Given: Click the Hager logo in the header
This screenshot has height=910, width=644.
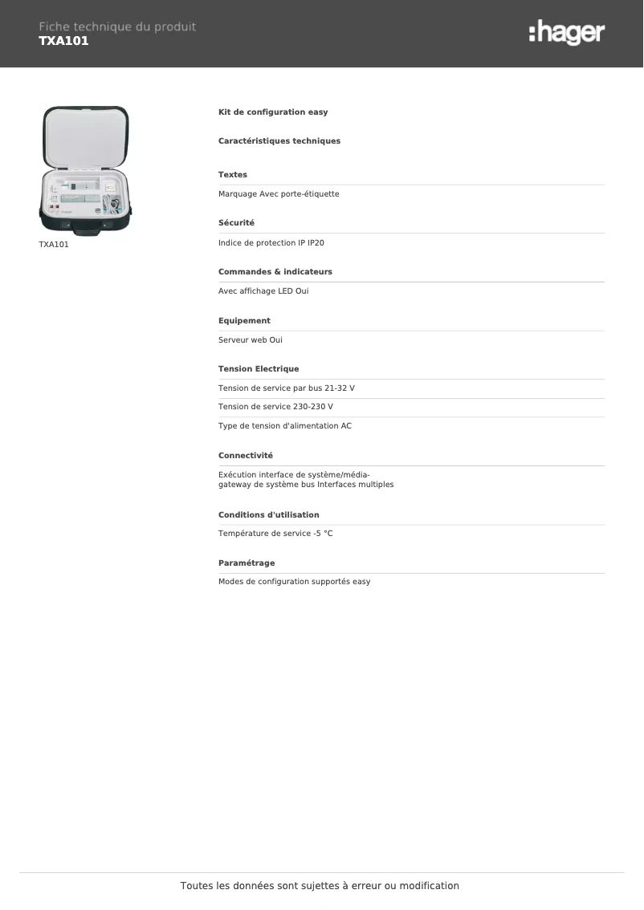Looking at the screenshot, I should (x=567, y=33).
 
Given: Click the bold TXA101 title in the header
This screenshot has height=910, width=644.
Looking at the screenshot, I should (x=63, y=41).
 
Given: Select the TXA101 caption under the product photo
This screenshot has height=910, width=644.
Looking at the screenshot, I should (x=54, y=245).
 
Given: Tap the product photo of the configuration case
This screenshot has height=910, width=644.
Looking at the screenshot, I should (x=85, y=170).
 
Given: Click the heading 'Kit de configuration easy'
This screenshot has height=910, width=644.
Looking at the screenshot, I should (x=273, y=112).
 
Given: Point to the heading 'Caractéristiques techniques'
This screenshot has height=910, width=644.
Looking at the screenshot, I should (x=279, y=141).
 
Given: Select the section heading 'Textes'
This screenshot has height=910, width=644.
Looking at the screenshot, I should (x=233, y=175).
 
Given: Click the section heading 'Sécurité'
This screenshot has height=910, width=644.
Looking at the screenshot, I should (x=236, y=223).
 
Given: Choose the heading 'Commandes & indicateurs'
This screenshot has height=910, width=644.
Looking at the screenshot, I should (x=275, y=272).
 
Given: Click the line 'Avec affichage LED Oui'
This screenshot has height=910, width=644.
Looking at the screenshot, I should (x=263, y=291).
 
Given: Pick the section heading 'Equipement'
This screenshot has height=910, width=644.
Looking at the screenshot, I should (x=244, y=321).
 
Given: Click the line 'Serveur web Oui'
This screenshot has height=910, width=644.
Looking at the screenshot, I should (x=251, y=340).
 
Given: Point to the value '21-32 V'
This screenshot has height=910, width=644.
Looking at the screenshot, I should (x=339, y=388).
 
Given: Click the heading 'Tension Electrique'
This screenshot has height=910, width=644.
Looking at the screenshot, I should (x=259, y=369).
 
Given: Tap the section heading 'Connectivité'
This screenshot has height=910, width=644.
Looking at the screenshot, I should (x=246, y=456).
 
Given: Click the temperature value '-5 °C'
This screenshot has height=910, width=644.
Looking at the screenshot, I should (x=323, y=534).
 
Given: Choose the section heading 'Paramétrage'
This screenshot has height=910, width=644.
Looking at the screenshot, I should (x=247, y=563).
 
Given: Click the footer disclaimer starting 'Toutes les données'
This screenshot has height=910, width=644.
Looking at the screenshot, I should (x=320, y=886).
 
